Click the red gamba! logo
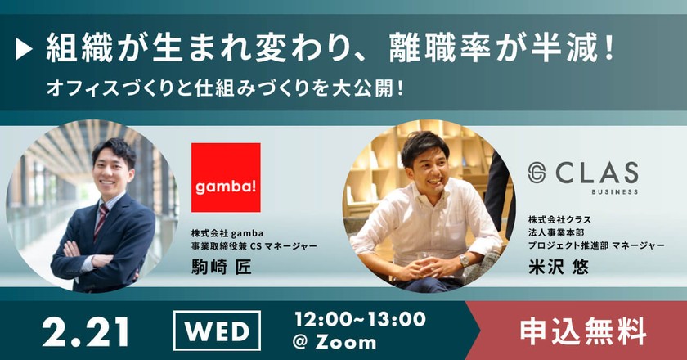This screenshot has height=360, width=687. click(226, 178)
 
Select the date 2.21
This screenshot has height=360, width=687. click(86, 331)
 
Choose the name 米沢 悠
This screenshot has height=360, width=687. click(559, 267)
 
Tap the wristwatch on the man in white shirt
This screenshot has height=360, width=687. click(463, 260)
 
